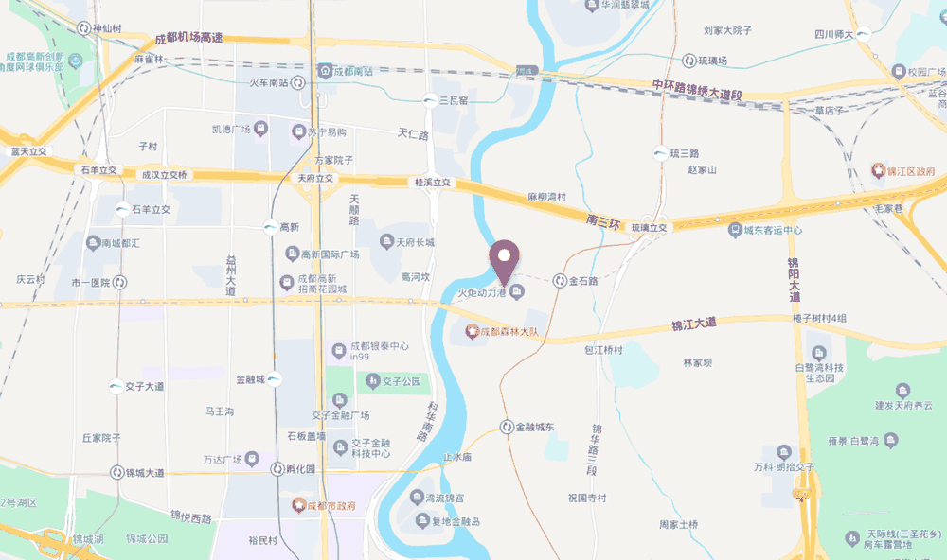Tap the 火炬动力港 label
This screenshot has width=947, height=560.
coord(483,293)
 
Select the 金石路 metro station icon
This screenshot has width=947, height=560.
coord(561,281)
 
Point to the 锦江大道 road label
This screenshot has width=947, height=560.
coord(694,324)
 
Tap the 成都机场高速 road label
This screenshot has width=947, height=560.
coord(189,38)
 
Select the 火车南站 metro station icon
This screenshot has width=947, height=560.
coord(299,82)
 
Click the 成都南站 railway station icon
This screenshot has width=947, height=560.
coord(325,70)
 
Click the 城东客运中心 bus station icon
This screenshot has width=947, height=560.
coord(734,230)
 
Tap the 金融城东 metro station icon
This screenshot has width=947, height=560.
coord(508,427)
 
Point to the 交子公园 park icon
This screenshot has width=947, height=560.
coord(372,381)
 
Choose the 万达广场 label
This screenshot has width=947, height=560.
coord(224,460)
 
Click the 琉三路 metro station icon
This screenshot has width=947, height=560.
coord(660,152)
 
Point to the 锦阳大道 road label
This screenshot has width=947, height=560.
coord(793,279)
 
